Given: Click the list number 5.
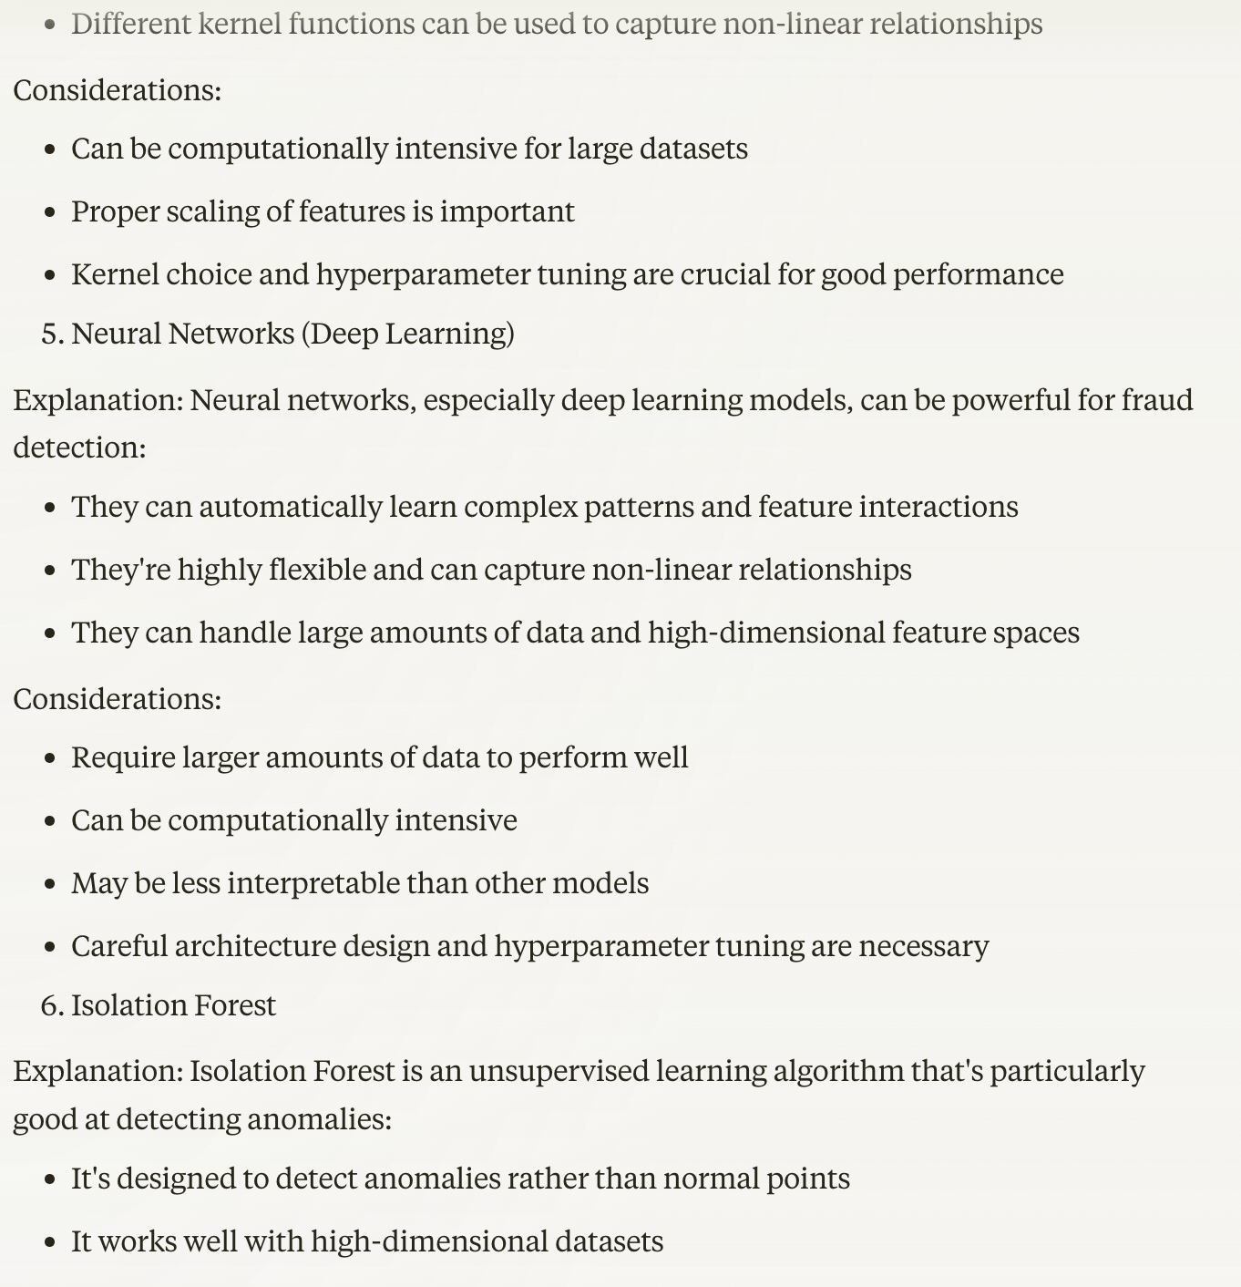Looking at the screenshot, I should tap(52, 334).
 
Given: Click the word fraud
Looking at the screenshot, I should tap(1157, 400).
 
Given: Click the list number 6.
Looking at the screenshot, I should tap(52, 1005).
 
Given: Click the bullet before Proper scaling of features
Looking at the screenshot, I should tap(51, 212).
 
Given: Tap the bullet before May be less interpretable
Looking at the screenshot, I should tap(51, 884).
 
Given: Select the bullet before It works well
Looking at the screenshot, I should tap(51, 1242).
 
